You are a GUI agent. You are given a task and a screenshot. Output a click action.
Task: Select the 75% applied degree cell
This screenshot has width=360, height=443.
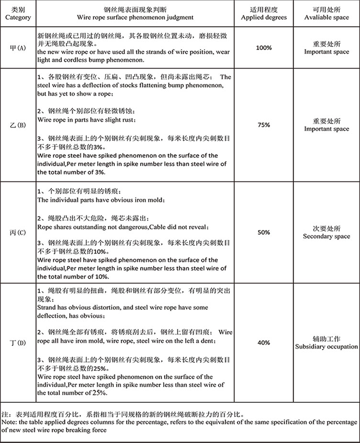click(264, 125)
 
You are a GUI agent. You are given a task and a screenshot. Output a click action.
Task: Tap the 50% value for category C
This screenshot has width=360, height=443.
click(264, 232)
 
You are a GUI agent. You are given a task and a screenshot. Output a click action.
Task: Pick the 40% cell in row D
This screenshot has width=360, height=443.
click(264, 343)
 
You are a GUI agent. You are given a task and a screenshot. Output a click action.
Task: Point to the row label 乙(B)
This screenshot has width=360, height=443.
click(18, 125)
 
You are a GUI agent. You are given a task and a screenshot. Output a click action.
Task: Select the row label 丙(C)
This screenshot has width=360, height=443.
click(18, 232)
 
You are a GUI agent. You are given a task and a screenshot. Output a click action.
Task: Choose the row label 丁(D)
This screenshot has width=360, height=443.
click(18, 343)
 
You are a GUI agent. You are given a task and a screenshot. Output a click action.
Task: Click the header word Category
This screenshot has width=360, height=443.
click(18, 17)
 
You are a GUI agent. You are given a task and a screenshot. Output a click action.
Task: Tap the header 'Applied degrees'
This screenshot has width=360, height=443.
click(264, 17)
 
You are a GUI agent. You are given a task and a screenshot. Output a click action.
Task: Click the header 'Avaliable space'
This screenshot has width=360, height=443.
click(326, 17)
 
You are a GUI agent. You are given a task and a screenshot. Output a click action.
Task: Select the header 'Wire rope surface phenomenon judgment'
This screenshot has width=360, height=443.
click(135, 17)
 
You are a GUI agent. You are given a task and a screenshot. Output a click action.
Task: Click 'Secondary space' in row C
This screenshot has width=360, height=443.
click(326, 237)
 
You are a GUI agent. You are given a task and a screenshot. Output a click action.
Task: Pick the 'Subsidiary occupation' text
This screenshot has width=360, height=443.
click(326, 347)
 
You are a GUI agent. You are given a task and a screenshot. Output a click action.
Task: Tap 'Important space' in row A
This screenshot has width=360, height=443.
click(326, 52)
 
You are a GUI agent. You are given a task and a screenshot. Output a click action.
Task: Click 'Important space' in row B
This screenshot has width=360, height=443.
click(326, 129)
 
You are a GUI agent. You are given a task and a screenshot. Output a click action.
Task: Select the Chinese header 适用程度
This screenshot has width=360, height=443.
click(264, 10)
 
